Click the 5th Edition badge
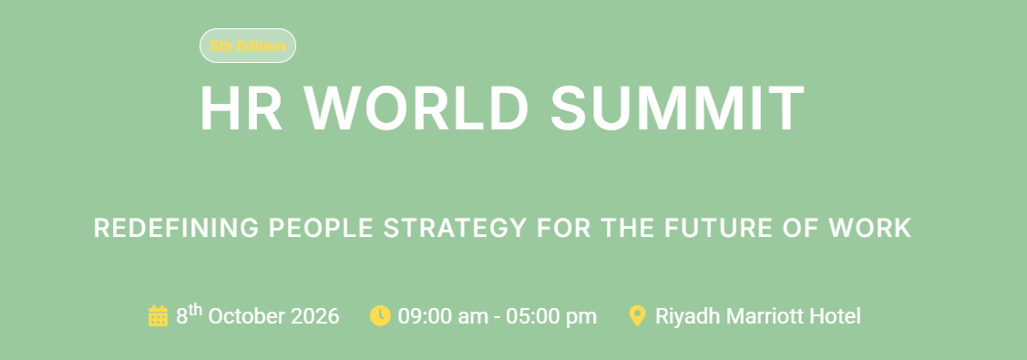pos(248,46)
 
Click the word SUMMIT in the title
pos(677,108)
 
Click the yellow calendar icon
pos(158,316)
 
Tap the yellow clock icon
pos(380,316)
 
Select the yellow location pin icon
pos(638,316)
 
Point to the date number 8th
pos(189,315)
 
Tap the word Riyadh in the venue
pos(683,316)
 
